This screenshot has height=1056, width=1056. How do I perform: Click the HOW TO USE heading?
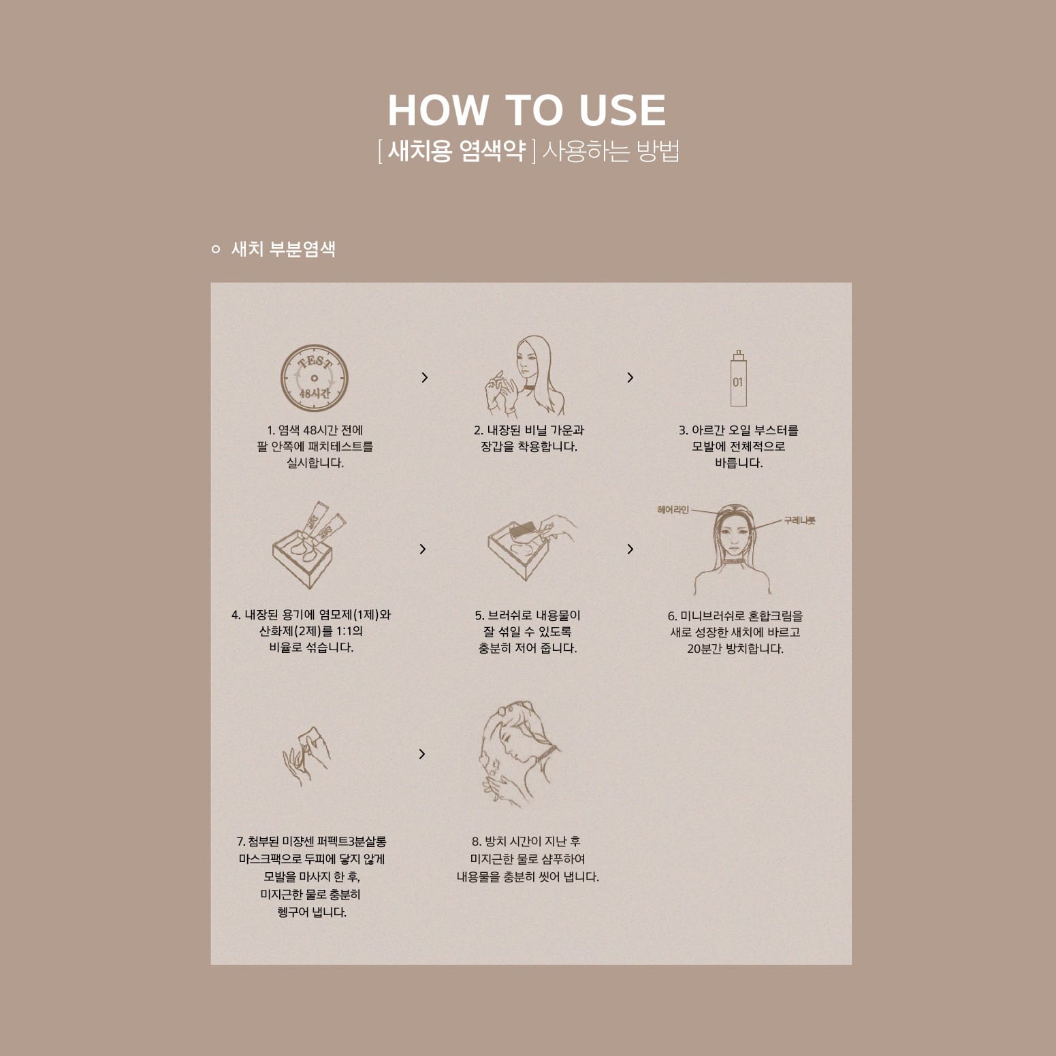[527, 110]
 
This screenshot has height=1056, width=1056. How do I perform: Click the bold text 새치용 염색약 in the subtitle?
[456, 151]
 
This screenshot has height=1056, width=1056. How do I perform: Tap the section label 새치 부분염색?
[283, 249]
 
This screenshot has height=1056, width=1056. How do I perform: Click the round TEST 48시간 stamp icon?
[314, 378]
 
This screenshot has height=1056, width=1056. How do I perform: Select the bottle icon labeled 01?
[738, 379]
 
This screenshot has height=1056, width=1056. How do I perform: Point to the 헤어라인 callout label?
[673, 510]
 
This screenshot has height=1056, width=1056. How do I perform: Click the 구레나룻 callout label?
[799, 521]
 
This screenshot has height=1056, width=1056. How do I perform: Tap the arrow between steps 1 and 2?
[425, 377]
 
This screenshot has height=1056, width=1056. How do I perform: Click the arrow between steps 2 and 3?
[630, 377]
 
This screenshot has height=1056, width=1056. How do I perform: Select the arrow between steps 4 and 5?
[423, 549]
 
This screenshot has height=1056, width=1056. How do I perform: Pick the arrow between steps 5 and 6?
[630, 549]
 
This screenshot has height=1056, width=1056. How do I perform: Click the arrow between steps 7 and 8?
[422, 754]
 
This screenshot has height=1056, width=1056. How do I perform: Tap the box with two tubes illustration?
[309, 545]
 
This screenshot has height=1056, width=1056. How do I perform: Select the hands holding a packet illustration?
[306, 755]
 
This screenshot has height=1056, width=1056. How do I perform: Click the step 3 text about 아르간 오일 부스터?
[739, 447]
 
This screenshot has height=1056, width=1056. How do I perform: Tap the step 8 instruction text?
[528, 859]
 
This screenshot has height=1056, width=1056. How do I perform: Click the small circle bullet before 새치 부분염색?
[216, 249]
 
